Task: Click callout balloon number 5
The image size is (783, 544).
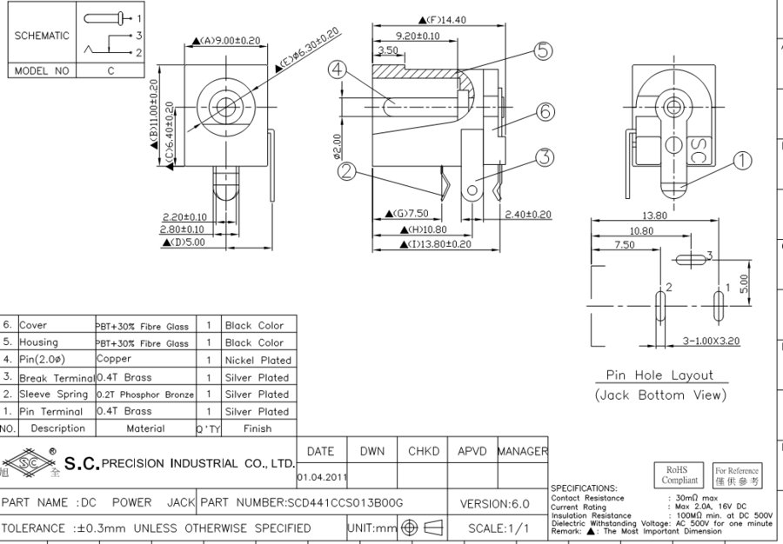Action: coord(544,51)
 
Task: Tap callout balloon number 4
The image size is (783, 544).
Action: coord(338,69)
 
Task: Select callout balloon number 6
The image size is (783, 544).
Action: coord(545,111)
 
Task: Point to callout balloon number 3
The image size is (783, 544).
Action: coord(545,157)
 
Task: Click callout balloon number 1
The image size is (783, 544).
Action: coord(742,161)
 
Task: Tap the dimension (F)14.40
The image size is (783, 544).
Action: coord(443,19)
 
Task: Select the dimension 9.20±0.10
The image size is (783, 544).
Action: coord(418,36)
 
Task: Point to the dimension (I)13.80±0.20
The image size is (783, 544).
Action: coord(439,244)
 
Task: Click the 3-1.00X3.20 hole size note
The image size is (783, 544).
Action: coord(711,341)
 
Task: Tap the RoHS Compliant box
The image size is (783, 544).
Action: coord(679,474)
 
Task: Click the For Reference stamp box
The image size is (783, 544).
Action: coord(737,475)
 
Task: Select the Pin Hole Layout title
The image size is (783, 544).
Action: coord(659,375)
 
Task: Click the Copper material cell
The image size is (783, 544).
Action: coord(115,359)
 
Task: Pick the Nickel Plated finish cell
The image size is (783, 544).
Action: coord(258,360)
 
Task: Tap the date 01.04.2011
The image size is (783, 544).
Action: coord(321,477)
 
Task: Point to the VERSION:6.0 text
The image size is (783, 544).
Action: coord(493,503)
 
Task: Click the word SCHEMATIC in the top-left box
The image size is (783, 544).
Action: coord(41,36)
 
